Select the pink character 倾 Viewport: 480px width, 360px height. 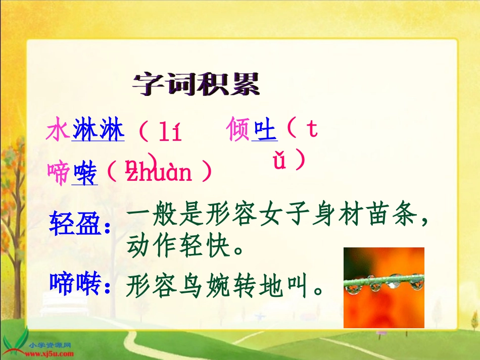(x=239, y=130)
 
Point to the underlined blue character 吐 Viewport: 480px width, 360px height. (x=265, y=130)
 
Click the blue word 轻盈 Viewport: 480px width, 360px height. (x=75, y=224)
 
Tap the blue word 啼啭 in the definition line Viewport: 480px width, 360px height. (x=75, y=284)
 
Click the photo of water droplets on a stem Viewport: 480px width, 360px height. (x=383, y=287)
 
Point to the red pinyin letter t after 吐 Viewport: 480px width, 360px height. (x=312, y=130)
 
